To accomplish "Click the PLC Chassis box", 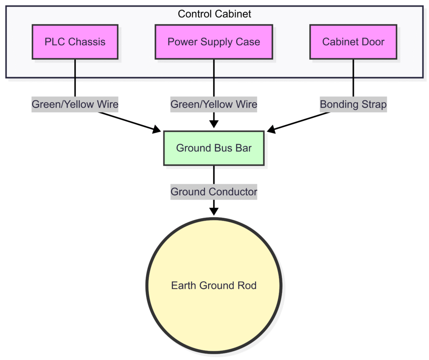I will (75, 42).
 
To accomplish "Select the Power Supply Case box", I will (214, 42).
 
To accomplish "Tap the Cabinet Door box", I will (353, 42).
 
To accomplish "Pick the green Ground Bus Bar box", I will (214, 148).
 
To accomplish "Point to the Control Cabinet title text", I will (214, 14).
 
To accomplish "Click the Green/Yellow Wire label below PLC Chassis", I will (75, 104).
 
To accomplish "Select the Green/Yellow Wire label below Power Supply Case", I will (214, 104).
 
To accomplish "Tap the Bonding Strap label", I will (353, 104).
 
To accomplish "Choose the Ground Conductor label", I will (214, 192).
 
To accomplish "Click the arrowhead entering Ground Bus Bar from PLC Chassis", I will (158, 130).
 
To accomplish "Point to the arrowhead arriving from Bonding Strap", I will (271, 130).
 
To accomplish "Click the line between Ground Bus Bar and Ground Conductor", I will (214, 175).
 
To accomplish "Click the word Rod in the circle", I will (248, 285).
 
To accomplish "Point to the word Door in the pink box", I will (373, 42).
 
